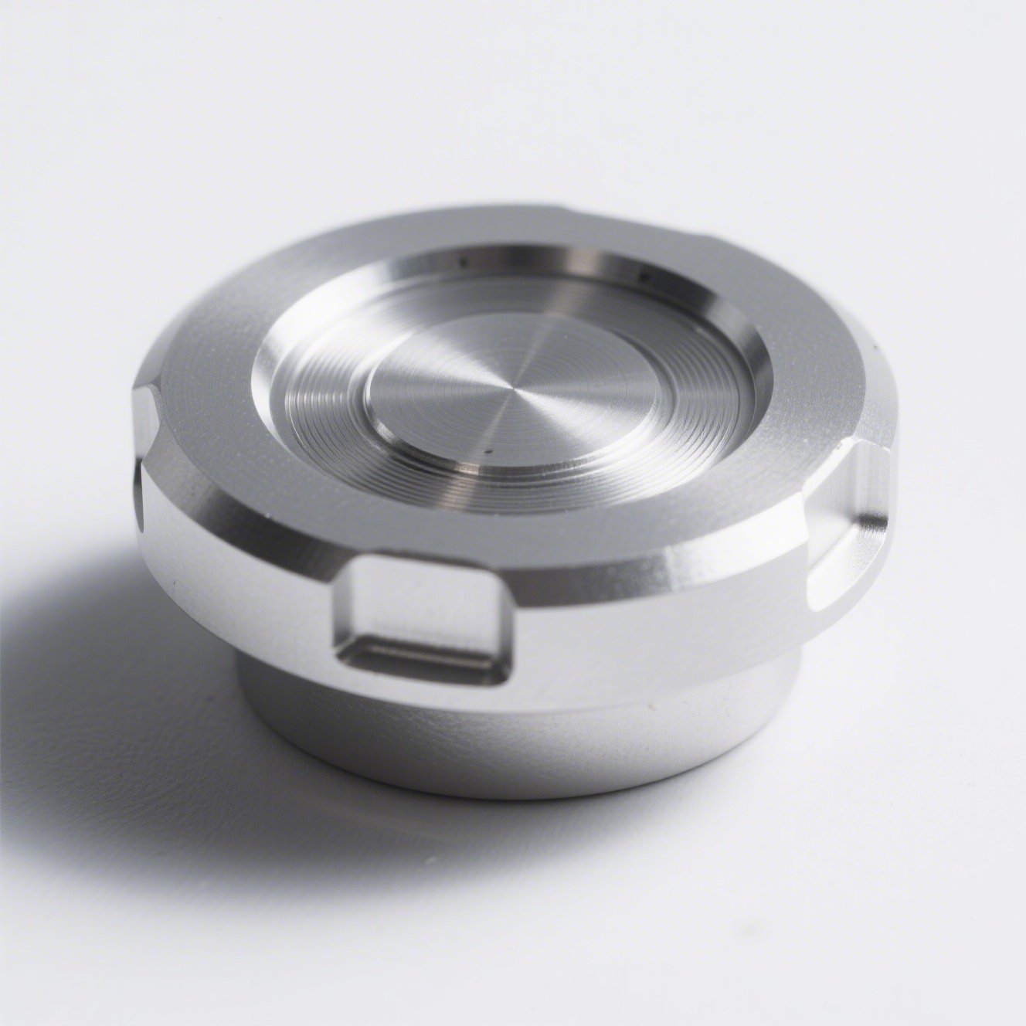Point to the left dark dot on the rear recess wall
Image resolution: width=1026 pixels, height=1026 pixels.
coord(462,261)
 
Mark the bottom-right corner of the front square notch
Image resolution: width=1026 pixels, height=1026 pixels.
coord(506,680)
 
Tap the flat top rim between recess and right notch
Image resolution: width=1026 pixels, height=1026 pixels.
coord(803,433)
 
